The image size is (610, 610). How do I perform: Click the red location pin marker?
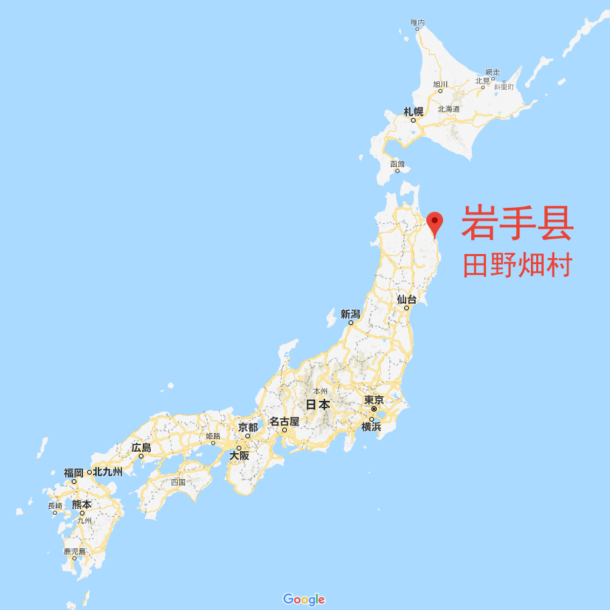click(435, 223)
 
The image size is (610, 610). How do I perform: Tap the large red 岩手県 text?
click(517, 224)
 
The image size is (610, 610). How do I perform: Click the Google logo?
click(304, 599)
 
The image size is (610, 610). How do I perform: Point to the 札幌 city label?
click(413, 112)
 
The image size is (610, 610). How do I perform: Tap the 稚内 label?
click(418, 23)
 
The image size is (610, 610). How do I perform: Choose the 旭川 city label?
click(440, 84)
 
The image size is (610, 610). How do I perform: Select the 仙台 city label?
click(406, 300)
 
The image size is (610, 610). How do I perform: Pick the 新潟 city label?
click(351, 314)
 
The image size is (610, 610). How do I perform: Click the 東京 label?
click(374, 400)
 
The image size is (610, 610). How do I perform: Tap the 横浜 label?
click(371, 427)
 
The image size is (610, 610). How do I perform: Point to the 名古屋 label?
click(284, 422)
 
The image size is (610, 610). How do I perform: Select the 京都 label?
click(247, 427)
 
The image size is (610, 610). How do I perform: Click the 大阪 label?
click(239, 455)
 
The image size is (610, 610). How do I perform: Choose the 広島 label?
click(141, 447)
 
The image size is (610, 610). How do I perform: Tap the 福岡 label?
click(74, 473)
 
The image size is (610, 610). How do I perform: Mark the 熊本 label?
click(82, 504)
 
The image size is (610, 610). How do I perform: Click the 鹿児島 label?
click(74, 551)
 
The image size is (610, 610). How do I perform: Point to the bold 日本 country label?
click(318, 405)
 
